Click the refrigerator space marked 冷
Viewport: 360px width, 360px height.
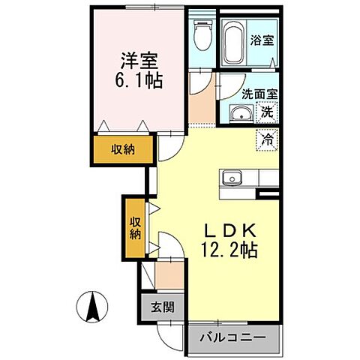point(268,139)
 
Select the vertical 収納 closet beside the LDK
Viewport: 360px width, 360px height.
point(135,226)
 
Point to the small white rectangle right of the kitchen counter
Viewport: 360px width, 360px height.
point(268,193)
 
